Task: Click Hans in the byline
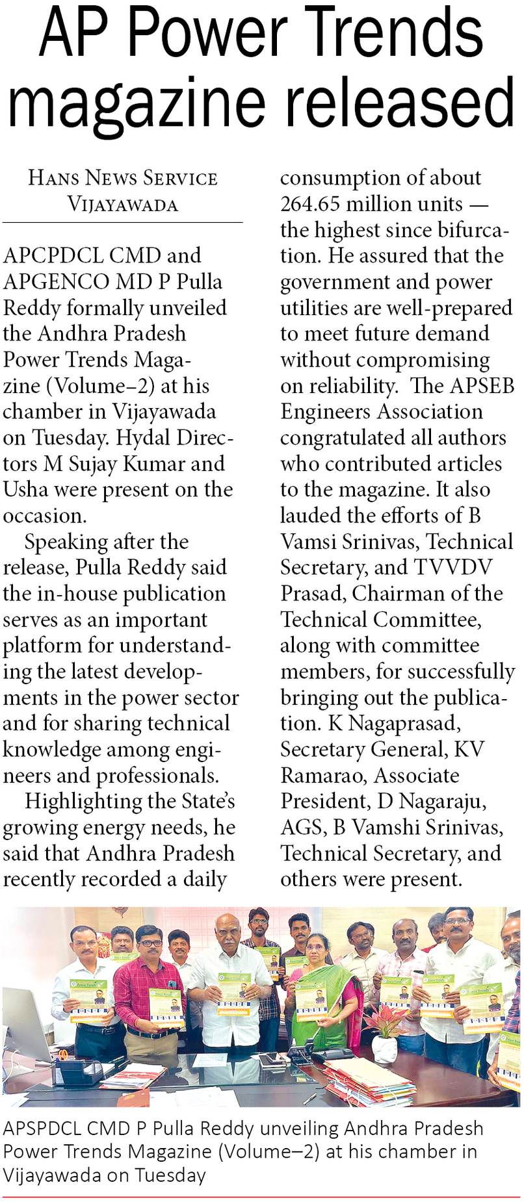click(53, 178)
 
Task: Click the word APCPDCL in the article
click(53, 255)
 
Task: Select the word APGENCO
click(56, 281)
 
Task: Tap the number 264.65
click(310, 204)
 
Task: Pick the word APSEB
click(482, 385)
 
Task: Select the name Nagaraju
click(442, 801)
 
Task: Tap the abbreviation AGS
click(302, 827)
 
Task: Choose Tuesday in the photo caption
click(170, 1175)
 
